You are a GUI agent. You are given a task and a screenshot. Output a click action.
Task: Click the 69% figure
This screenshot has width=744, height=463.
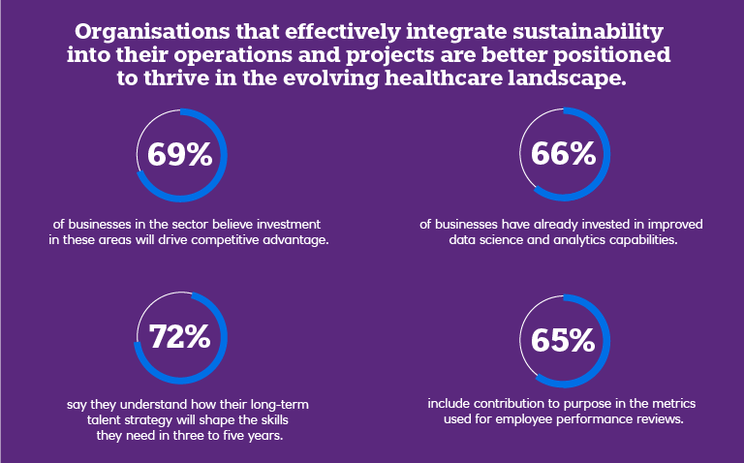(179, 154)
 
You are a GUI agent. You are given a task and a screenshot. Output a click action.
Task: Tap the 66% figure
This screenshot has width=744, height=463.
(562, 154)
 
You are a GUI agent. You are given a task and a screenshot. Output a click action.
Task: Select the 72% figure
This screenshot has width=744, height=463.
(179, 337)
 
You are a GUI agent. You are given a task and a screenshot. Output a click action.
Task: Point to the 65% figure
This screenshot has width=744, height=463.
(562, 340)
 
